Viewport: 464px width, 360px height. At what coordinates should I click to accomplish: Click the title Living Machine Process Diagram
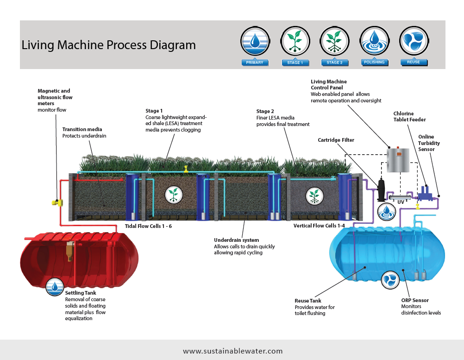tap(108, 45)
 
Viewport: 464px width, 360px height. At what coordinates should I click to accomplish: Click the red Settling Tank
tap(79, 259)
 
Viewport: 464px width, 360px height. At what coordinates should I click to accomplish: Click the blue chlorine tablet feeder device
tap(425, 192)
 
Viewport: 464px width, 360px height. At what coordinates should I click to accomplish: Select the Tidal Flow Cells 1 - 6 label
tap(148, 226)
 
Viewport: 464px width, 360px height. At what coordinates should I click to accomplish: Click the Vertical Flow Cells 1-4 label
tap(319, 226)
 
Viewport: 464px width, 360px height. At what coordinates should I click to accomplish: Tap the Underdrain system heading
tap(237, 240)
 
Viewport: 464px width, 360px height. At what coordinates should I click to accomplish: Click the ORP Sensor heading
tap(415, 300)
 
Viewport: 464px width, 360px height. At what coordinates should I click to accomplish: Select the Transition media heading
tap(82, 129)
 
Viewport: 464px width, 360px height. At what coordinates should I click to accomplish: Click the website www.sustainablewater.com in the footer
tap(232, 351)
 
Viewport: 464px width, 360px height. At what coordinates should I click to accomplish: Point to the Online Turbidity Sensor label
tap(429, 143)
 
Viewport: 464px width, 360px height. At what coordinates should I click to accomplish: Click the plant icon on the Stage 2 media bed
tap(314, 195)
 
